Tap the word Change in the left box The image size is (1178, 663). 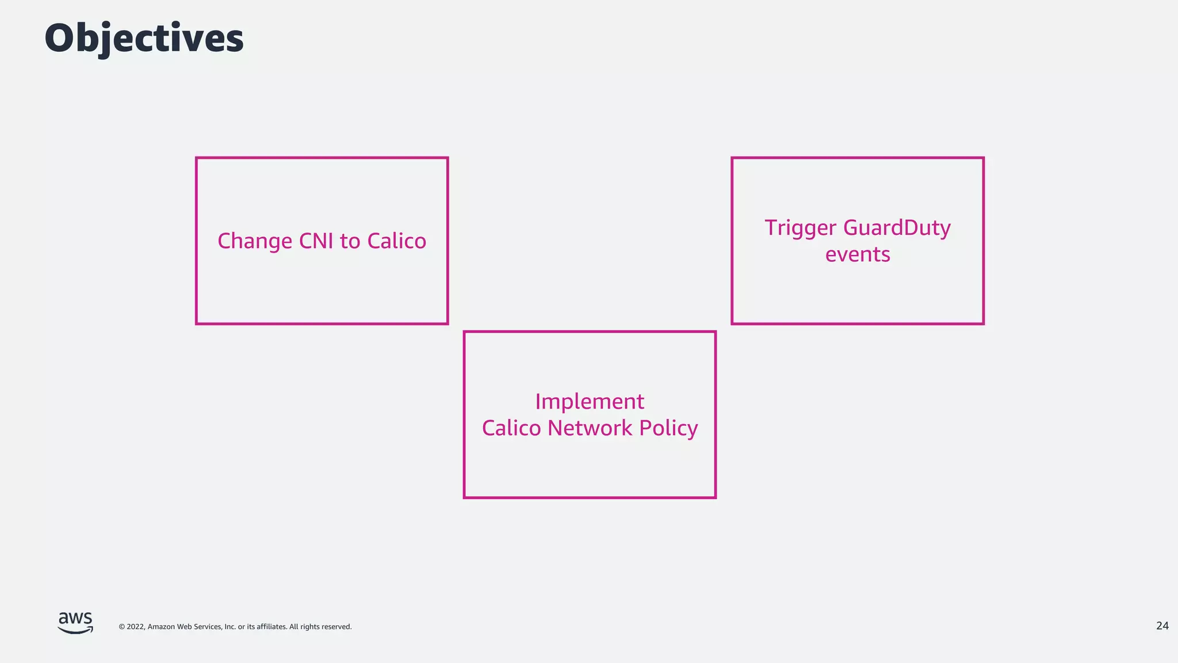(x=255, y=241)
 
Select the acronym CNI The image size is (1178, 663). (x=316, y=241)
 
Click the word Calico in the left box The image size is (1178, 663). (x=396, y=241)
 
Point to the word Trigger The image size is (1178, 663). (x=800, y=228)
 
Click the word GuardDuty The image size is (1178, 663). (x=897, y=228)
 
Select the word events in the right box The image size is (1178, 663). (x=858, y=254)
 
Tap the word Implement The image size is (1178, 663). (x=590, y=402)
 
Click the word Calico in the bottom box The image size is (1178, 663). (x=511, y=428)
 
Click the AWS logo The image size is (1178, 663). (x=75, y=623)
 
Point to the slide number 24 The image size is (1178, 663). (x=1162, y=626)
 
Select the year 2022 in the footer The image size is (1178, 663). (x=135, y=627)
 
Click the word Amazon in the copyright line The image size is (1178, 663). (x=162, y=627)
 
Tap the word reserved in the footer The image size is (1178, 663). (x=336, y=627)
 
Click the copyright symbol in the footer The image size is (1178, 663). (x=121, y=627)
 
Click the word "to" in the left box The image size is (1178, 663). (x=350, y=242)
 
